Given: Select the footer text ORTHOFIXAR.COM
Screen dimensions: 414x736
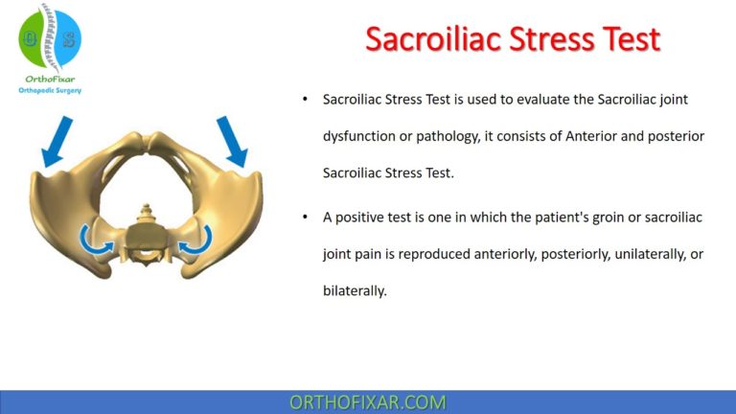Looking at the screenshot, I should (x=368, y=402).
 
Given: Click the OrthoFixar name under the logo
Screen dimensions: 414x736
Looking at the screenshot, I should (x=50, y=80).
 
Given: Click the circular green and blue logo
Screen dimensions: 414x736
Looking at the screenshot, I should (x=50, y=37).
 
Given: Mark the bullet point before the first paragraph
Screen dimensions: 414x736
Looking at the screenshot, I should (x=305, y=100).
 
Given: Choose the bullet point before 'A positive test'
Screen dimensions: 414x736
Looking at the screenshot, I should (x=305, y=218).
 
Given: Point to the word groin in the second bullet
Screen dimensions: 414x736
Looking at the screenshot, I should (x=586, y=218).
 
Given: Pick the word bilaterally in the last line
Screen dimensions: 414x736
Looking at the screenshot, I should (x=354, y=290).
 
